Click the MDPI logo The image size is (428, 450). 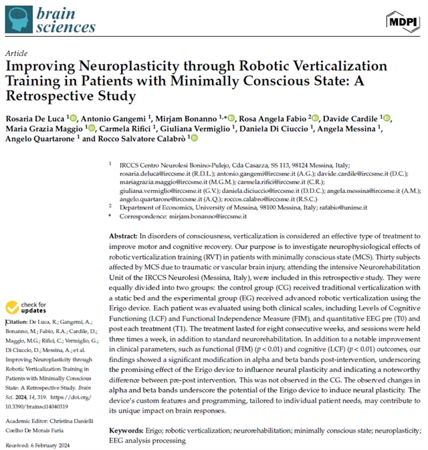point(404,21)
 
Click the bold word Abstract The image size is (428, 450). point(122,236)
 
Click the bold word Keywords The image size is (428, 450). point(126,432)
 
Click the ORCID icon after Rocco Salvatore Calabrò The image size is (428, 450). point(195,138)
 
